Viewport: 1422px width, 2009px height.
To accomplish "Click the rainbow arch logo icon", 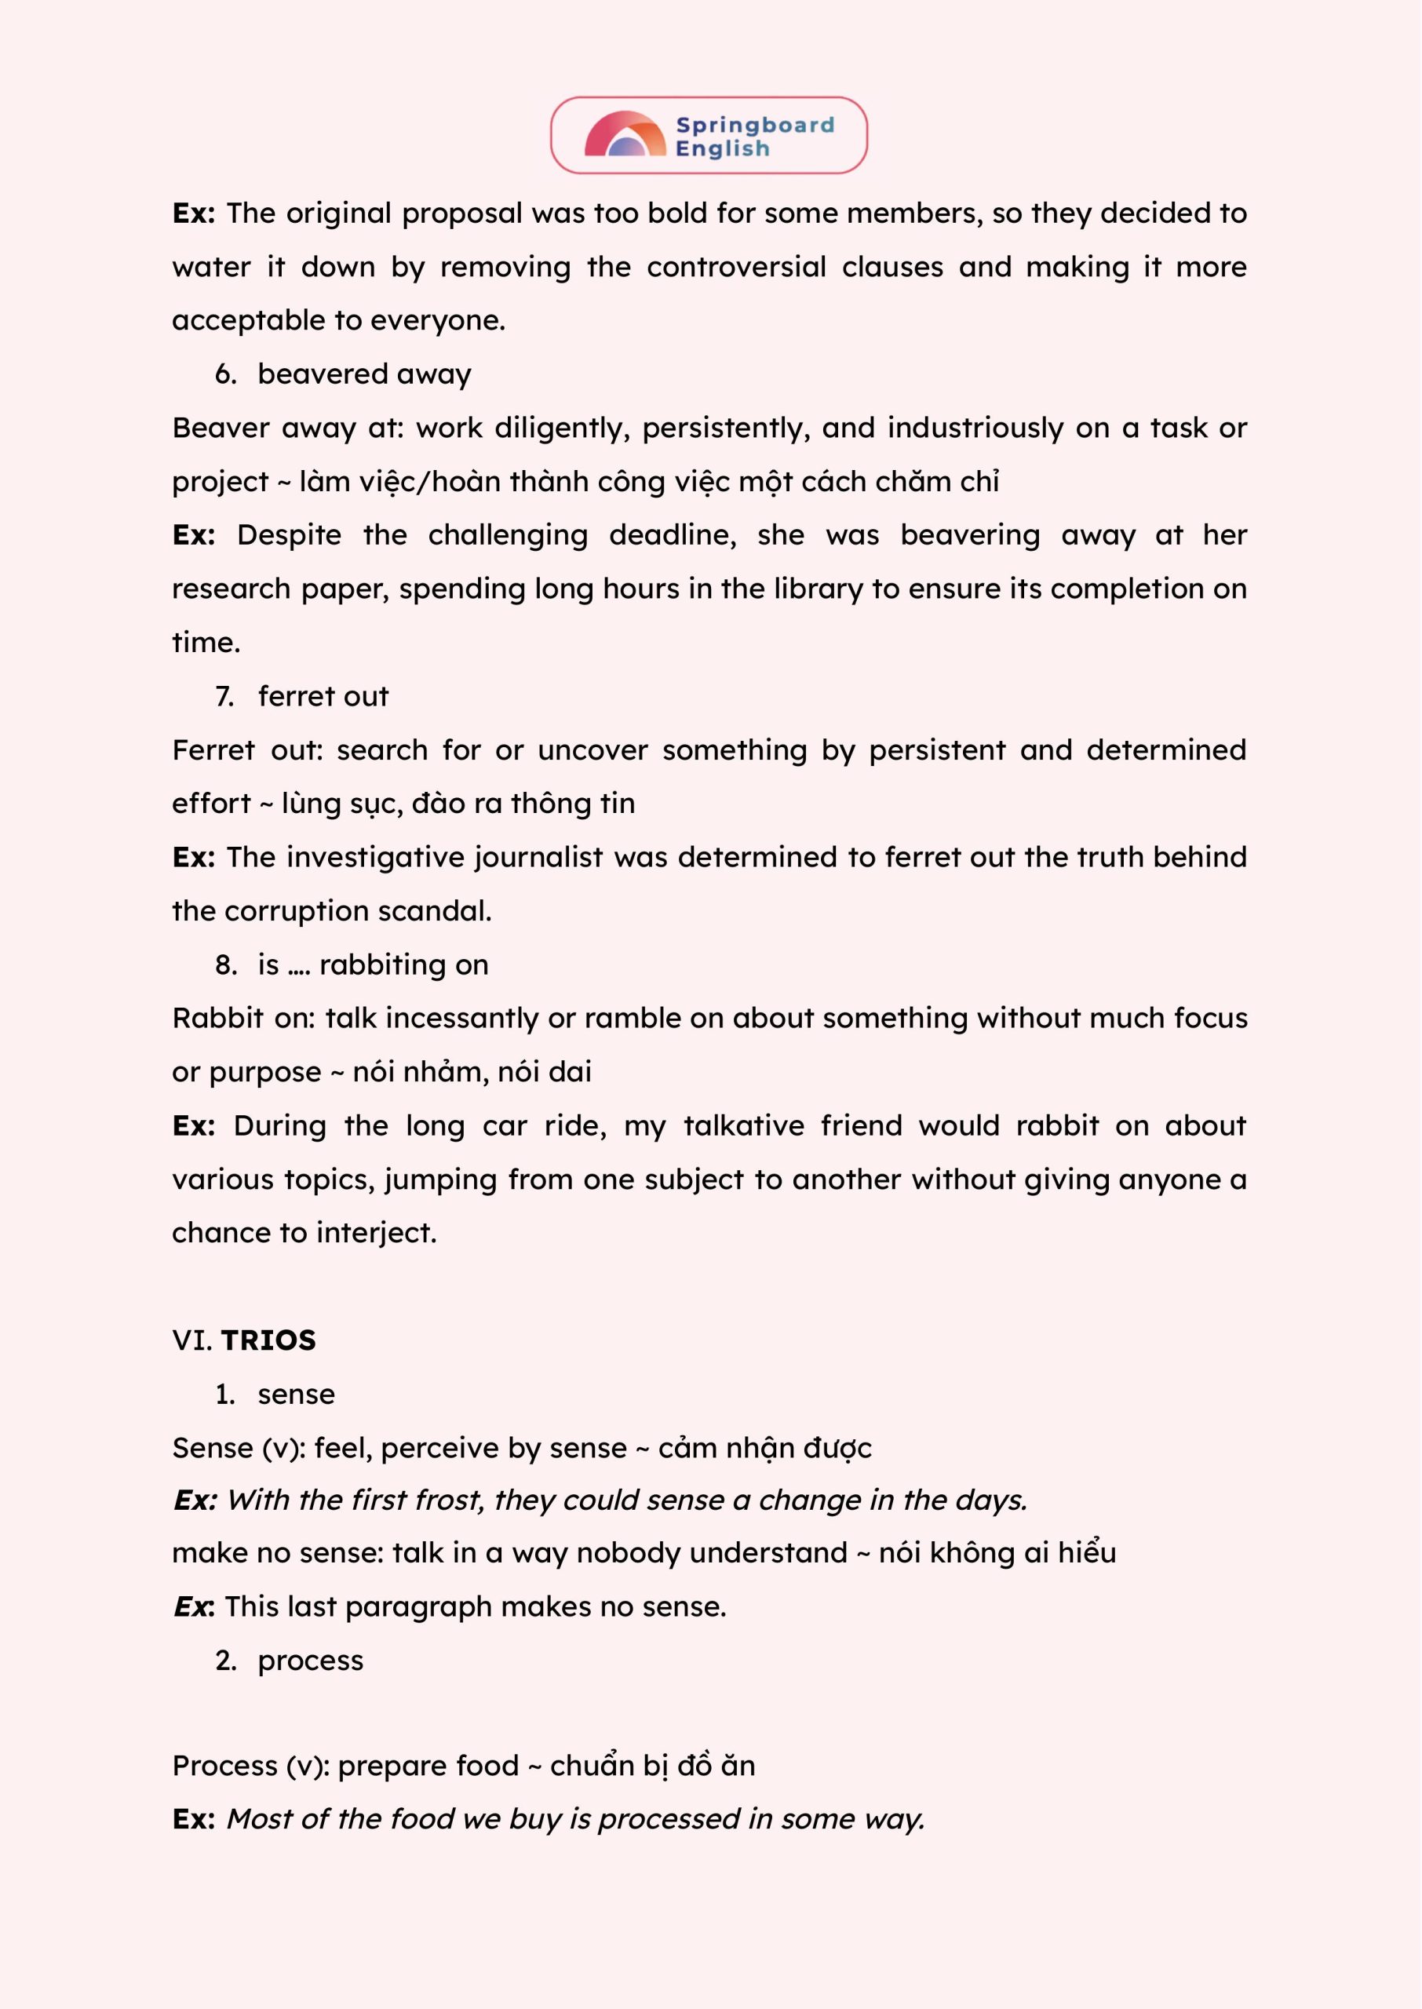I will point(625,135).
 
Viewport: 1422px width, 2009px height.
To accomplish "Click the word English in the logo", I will point(723,149).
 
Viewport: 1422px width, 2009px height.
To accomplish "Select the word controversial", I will point(736,267).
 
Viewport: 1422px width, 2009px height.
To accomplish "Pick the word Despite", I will point(289,535).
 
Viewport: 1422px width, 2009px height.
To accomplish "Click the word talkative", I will point(743,1125).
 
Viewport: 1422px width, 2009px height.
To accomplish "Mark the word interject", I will point(376,1233).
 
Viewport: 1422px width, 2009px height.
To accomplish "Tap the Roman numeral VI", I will point(191,1340).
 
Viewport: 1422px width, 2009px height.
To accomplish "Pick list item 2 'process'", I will point(310,1661).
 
